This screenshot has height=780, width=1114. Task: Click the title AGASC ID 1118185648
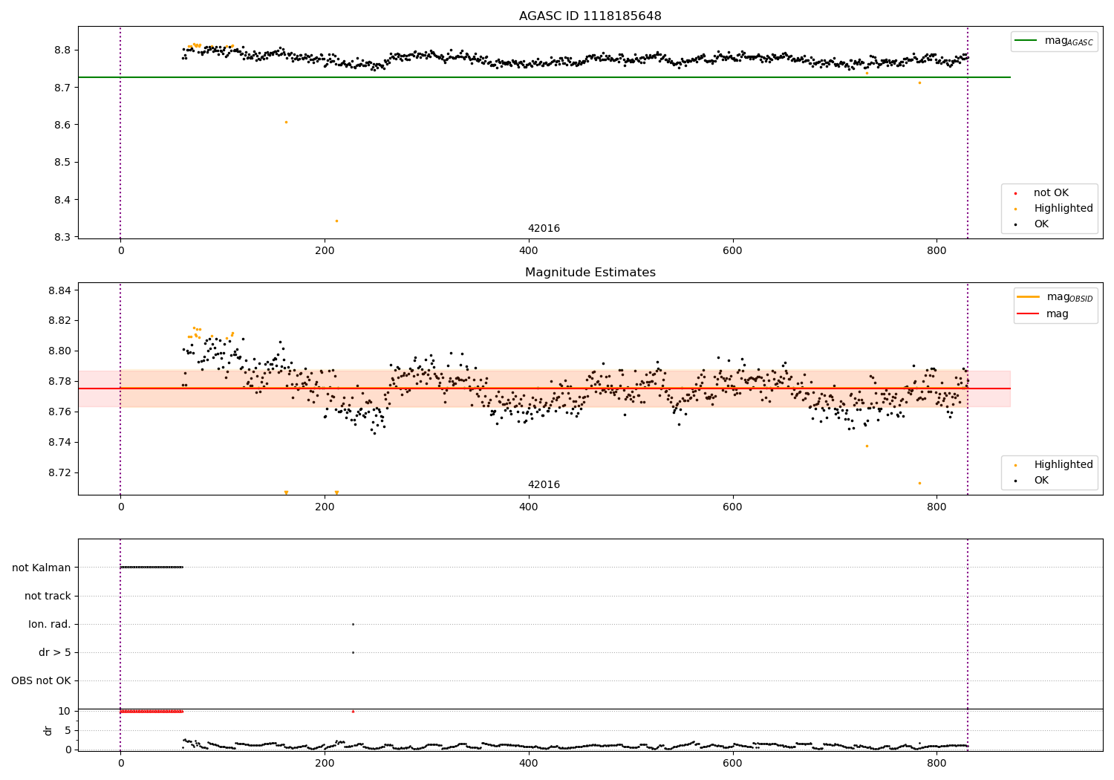coord(590,16)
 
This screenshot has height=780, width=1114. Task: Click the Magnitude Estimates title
coord(590,273)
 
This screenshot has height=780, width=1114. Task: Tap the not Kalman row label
coord(42,568)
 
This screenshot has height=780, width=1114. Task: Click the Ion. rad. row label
coord(50,624)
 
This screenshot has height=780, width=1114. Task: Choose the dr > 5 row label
coord(55,652)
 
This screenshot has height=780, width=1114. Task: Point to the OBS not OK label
coord(41,680)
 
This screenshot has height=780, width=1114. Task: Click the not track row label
coord(48,596)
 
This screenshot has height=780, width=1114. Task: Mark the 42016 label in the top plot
coord(544,229)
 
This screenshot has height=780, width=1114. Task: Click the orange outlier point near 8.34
coord(336,221)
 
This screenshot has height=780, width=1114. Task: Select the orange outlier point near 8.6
coord(286,122)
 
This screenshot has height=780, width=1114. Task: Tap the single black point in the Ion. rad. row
coord(353,624)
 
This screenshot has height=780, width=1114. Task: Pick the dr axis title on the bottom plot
coord(48,730)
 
